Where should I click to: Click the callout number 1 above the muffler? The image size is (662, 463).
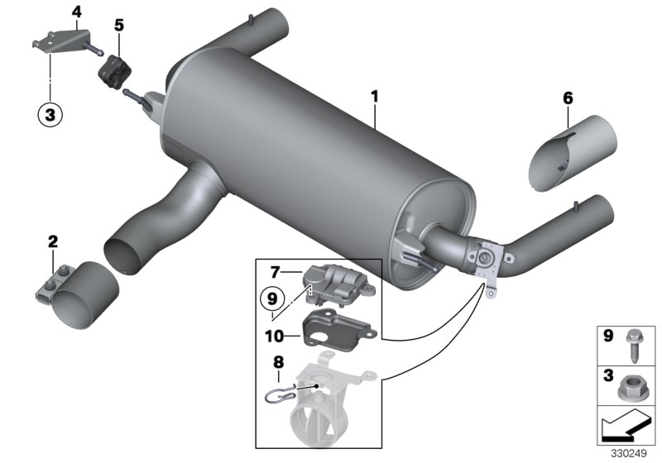[x=374, y=97]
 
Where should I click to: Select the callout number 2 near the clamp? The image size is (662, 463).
[x=53, y=241]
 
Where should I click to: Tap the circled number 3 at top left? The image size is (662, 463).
[x=50, y=116]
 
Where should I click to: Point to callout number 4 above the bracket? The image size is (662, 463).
[x=77, y=12]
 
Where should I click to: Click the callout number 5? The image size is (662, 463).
[x=119, y=26]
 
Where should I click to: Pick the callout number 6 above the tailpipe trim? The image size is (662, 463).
[x=568, y=98]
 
